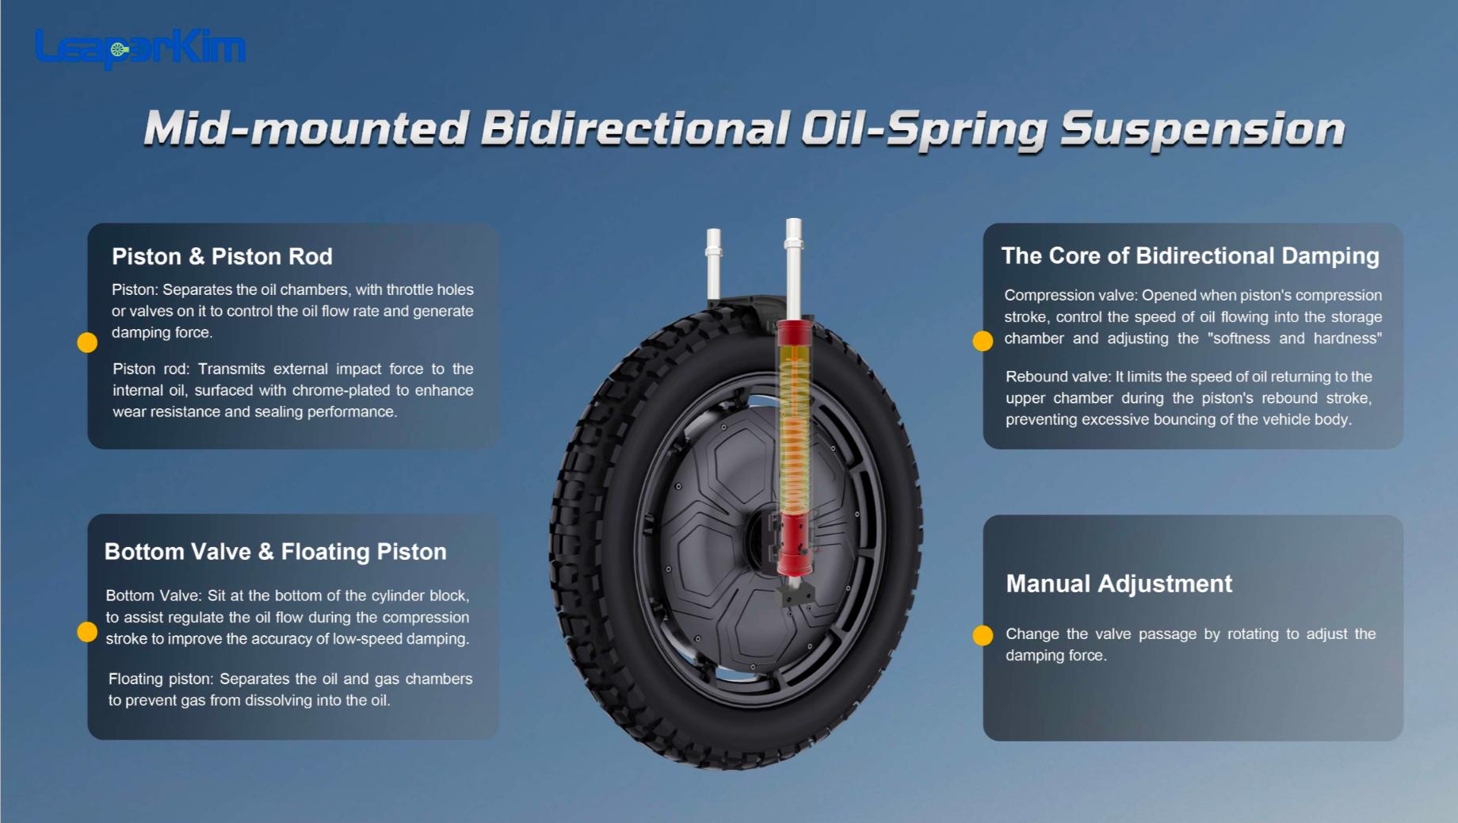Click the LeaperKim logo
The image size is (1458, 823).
(x=140, y=48)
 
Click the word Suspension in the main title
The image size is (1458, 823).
(x=1202, y=129)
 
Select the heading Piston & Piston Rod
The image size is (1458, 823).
(x=222, y=257)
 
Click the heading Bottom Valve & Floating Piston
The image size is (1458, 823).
(x=275, y=552)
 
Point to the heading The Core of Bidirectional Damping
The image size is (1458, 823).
(x=1189, y=256)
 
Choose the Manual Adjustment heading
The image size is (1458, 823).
(x=1118, y=584)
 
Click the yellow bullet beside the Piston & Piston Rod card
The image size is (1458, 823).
(x=87, y=343)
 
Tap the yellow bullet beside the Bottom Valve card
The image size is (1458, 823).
(x=87, y=632)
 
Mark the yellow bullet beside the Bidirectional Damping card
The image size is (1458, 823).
(x=983, y=341)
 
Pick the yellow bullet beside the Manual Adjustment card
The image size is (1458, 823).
(x=983, y=636)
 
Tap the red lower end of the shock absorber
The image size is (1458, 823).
(x=794, y=547)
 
